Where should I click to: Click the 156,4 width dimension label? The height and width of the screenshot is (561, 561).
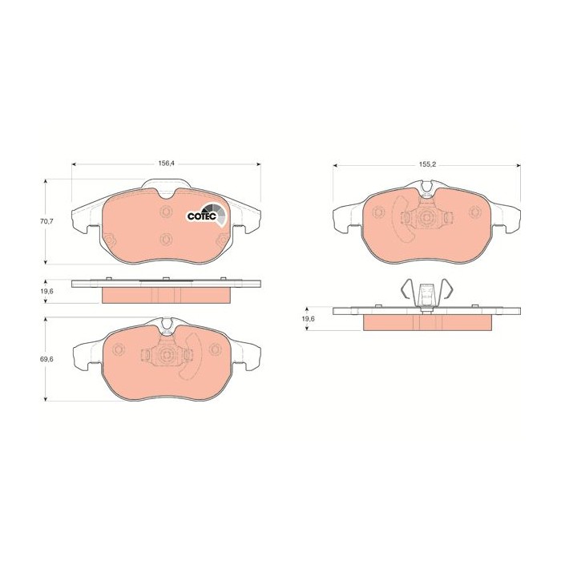pyautogui.click(x=166, y=163)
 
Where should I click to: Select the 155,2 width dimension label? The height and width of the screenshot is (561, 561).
pyautogui.click(x=427, y=164)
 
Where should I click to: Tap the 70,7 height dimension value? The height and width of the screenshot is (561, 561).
pyautogui.click(x=46, y=221)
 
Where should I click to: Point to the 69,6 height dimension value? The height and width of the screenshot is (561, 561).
pyautogui.click(x=46, y=359)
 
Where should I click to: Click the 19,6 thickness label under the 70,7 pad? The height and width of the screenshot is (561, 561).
pyautogui.click(x=46, y=291)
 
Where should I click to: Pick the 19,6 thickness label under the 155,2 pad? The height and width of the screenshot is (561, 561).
pyautogui.click(x=308, y=319)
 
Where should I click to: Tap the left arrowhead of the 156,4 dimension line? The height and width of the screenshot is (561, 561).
pyautogui.click(x=74, y=164)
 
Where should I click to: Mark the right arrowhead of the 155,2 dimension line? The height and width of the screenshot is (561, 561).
pyautogui.click(x=519, y=165)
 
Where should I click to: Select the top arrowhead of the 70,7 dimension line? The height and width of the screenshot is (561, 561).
pyautogui.click(x=46, y=181)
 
